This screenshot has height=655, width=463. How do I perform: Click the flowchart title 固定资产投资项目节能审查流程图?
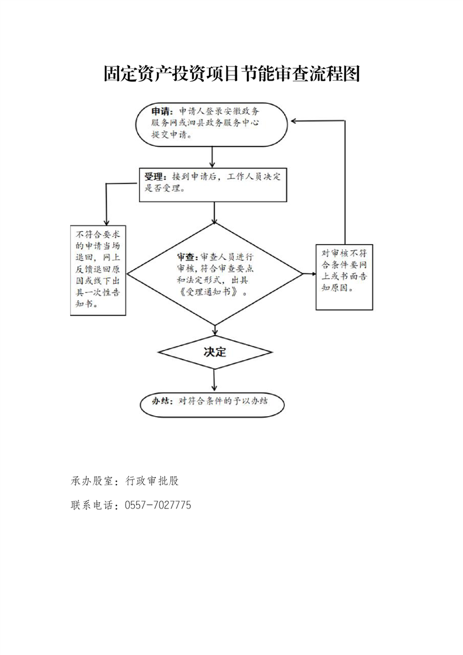(231, 74)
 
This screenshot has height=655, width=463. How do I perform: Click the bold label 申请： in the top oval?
(162, 112)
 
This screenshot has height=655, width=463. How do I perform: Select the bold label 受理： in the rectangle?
(155, 177)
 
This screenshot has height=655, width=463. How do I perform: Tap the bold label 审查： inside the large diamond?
(188, 256)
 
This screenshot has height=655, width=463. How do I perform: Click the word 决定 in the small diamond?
(215, 352)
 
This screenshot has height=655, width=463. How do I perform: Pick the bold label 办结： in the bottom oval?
(162, 401)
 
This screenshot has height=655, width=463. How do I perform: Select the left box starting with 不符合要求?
(98, 271)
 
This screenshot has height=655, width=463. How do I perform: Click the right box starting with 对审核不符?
(344, 277)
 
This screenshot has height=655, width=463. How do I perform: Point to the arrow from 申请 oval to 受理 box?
(213, 156)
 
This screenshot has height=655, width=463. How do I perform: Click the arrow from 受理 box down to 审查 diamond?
(214, 212)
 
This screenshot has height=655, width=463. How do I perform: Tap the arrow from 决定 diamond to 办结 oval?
(214, 379)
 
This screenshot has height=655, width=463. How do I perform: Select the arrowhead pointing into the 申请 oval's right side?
(294, 121)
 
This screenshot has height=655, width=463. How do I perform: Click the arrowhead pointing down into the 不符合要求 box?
(106, 222)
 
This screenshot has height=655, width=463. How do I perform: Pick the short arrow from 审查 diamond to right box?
(309, 274)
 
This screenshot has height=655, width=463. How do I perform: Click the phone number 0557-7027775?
(158, 505)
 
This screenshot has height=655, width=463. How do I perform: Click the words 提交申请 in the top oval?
(169, 135)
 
